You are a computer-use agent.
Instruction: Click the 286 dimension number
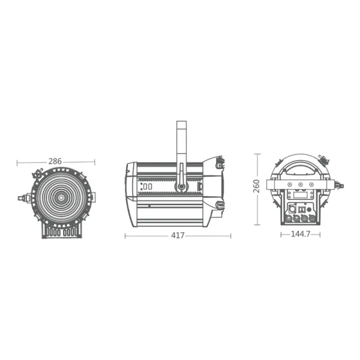coord(55,161)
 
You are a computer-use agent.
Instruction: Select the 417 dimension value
coord(178,236)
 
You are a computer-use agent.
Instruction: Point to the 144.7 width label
coord(299,234)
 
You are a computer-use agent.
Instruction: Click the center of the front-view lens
coord(61,196)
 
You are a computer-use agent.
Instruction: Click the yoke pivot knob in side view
coord(180,187)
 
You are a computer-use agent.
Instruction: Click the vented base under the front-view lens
coord(60,231)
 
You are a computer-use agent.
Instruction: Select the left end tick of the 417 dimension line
coord(125,236)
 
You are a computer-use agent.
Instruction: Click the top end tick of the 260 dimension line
coord(258,154)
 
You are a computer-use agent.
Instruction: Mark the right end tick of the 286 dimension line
coord(95,161)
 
